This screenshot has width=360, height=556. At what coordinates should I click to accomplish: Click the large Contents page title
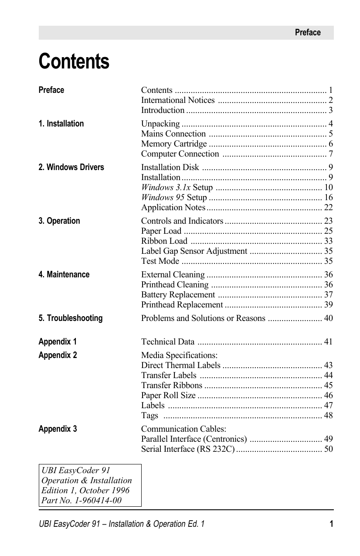point(74,61)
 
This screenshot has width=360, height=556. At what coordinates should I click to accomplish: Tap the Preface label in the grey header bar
point(307,33)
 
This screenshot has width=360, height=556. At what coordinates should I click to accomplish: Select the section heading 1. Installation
point(61,124)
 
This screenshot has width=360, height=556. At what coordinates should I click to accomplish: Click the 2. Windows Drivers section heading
point(71,167)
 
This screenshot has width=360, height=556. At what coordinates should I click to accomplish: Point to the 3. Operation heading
point(59,221)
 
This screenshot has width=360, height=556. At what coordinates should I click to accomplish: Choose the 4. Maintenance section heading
point(64,275)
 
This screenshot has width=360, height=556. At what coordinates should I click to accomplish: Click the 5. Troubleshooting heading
point(71,318)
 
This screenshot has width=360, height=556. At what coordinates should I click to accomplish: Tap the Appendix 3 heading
point(58,429)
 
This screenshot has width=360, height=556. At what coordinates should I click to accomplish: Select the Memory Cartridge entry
point(174,144)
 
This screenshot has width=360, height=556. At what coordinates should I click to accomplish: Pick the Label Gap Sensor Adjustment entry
point(194,251)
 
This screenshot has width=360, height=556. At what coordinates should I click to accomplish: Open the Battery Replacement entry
point(178,295)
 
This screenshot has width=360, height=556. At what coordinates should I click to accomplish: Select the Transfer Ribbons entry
point(172,385)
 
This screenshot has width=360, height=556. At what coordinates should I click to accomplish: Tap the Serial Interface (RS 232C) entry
point(188,449)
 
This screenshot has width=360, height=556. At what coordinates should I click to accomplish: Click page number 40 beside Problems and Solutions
point(328,318)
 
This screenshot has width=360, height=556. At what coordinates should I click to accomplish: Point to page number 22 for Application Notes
point(328,208)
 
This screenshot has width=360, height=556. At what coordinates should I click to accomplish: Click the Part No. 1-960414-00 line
point(82,500)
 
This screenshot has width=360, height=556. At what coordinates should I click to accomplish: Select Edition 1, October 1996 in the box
point(85,490)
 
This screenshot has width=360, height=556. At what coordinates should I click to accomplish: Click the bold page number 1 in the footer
point(331,524)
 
